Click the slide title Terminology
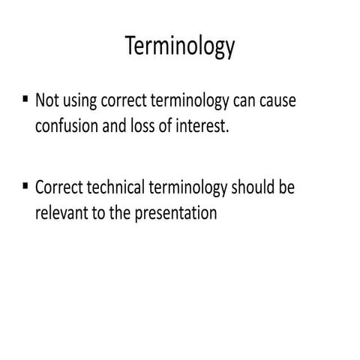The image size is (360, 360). click(180, 47)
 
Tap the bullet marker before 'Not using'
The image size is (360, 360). click(26, 98)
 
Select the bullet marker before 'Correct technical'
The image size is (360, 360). click(26, 185)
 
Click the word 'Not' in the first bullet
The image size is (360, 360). click(46, 101)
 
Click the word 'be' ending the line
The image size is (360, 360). click(286, 188)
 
